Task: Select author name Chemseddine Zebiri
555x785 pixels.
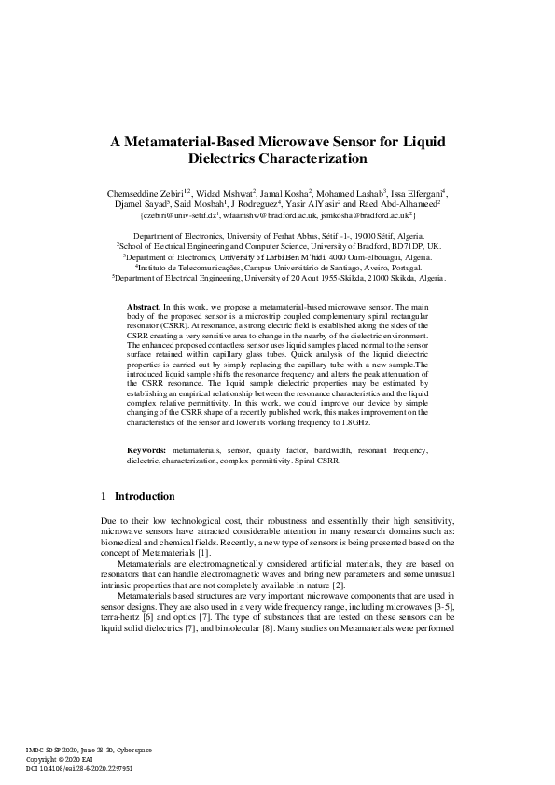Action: click(x=146, y=192)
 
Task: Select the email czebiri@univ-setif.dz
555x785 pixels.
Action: click(x=179, y=214)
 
